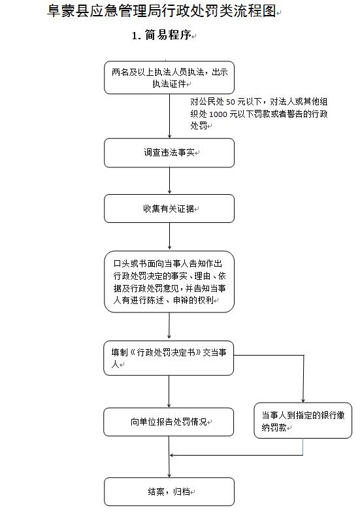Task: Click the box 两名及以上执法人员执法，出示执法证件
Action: (x=169, y=78)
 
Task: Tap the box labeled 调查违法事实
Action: (x=169, y=152)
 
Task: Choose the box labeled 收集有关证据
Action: (x=169, y=209)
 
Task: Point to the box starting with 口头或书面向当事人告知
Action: (x=169, y=281)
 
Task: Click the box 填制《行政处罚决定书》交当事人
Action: (x=169, y=358)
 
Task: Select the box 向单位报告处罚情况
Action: (x=169, y=422)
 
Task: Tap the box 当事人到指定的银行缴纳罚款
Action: (x=303, y=420)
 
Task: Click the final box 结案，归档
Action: (x=169, y=491)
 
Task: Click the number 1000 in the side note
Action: (x=220, y=114)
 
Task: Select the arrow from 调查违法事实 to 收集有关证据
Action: (x=169, y=181)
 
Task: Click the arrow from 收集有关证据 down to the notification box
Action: (x=169, y=237)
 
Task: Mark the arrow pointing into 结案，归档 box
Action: (x=169, y=473)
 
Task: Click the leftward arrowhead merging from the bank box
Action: (x=173, y=455)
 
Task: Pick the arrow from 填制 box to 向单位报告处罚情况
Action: (x=169, y=392)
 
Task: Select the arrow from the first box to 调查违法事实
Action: (x=169, y=118)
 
